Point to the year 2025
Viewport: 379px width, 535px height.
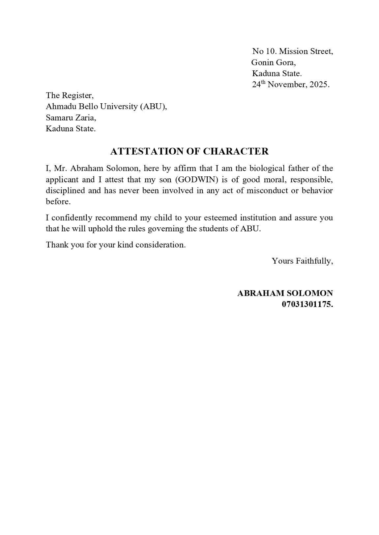tap(318, 85)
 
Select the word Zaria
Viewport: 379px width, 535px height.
tap(86, 117)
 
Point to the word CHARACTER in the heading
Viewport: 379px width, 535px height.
tap(236, 151)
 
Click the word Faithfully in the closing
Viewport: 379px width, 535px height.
tap(314, 261)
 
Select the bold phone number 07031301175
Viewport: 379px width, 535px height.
tap(307, 304)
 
